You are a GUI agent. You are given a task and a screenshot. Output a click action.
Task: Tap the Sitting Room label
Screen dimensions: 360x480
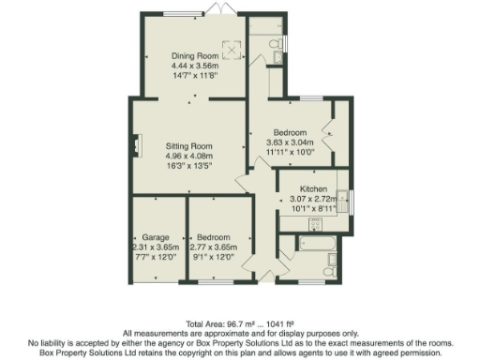(x=189, y=146)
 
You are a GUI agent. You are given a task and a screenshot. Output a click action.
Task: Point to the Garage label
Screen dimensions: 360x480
(x=155, y=236)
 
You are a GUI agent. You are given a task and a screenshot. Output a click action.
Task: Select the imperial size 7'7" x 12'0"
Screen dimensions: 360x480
(x=155, y=256)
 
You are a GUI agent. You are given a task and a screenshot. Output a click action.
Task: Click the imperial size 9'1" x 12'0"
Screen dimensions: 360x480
(x=215, y=256)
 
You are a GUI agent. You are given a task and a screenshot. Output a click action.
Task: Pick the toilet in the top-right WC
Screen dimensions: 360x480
(x=273, y=45)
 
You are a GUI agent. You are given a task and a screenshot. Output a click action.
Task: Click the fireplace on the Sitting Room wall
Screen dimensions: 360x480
(x=137, y=147)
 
